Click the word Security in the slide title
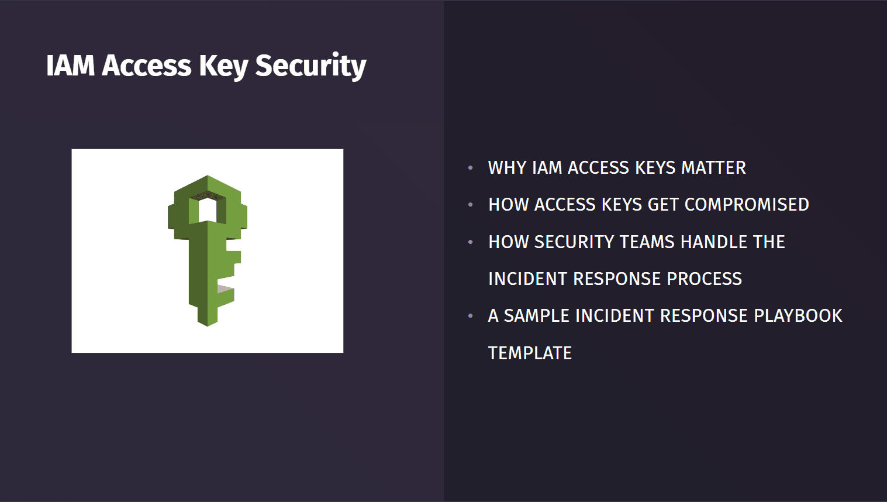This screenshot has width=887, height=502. pyautogui.click(x=310, y=65)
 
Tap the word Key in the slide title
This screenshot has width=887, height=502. pyautogui.click(x=223, y=66)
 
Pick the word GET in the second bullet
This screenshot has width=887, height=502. pyautogui.click(x=663, y=205)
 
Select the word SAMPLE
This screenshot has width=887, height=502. pyautogui.click(x=536, y=316)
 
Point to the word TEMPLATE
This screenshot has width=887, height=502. pyautogui.click(x=530, y=353)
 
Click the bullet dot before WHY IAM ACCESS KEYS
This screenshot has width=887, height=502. pyautogui.click(x=471, y=168)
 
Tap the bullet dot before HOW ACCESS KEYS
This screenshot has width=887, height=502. pyautogui.click(x=471, y=205)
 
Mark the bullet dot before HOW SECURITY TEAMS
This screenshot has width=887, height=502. pyautogui.click(x=471, y=242)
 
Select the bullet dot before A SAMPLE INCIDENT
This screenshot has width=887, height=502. pyautogui.click(x=471, y=316)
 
